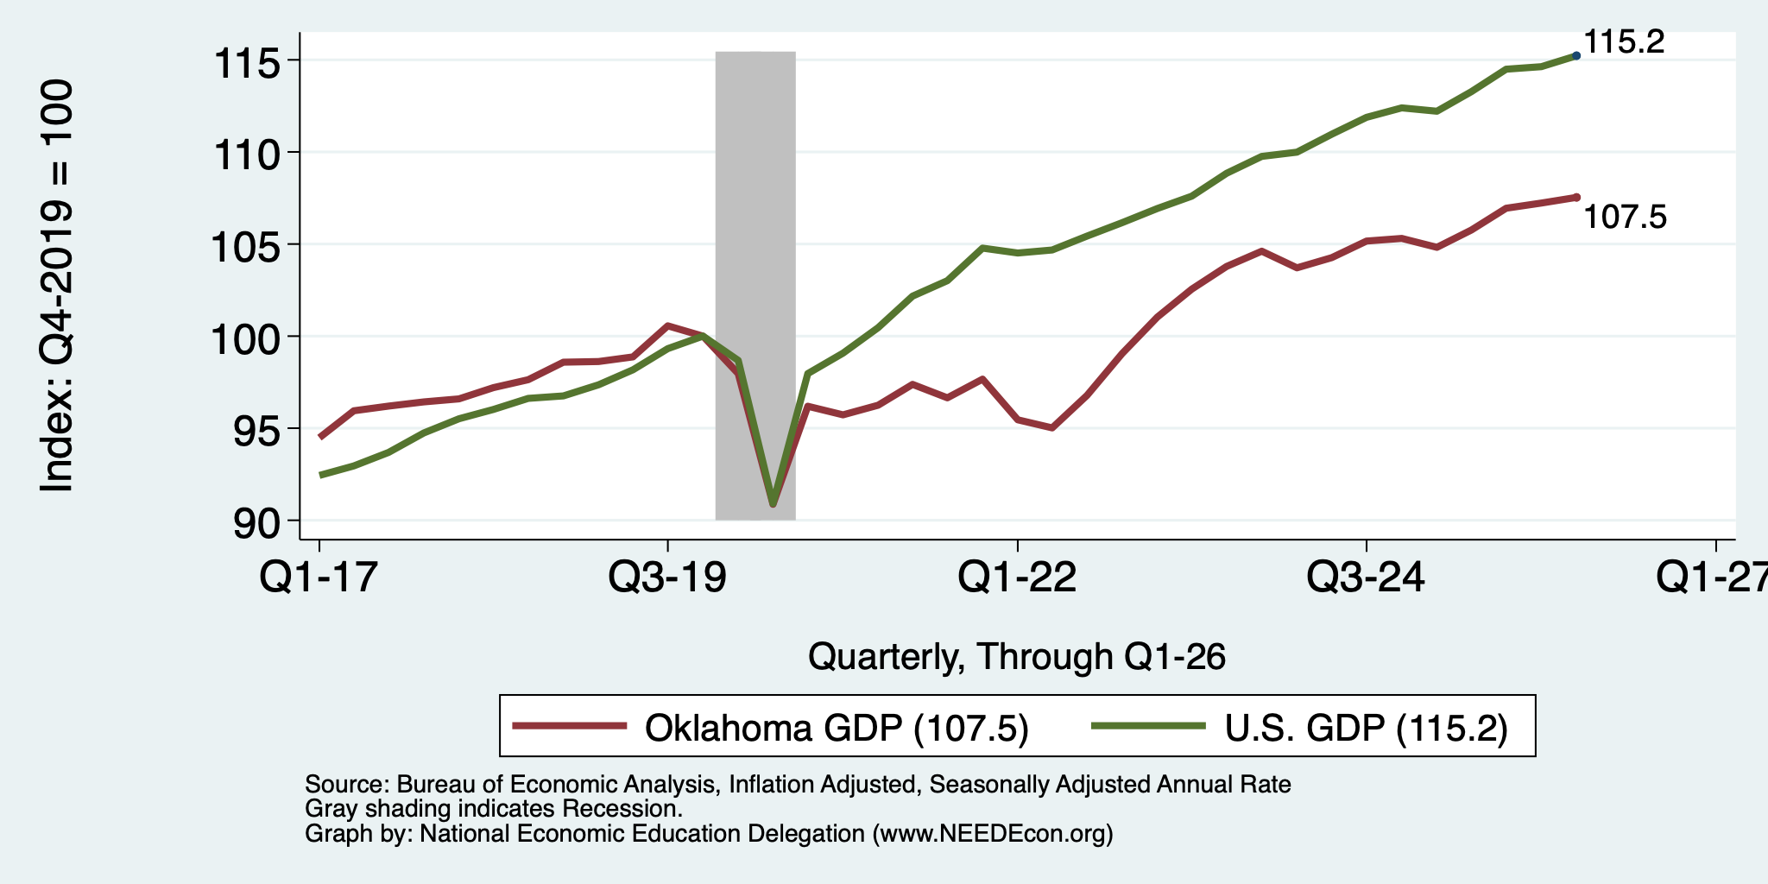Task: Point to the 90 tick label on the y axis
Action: point(258,524)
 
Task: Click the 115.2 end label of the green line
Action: point(1624,41)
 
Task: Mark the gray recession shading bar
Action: point(755,285)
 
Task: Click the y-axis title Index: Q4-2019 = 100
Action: point(57,286)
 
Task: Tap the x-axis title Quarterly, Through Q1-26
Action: point(1017,657)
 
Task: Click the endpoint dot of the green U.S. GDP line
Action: point(1577,55)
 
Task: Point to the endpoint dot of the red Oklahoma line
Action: point(1577,197)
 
